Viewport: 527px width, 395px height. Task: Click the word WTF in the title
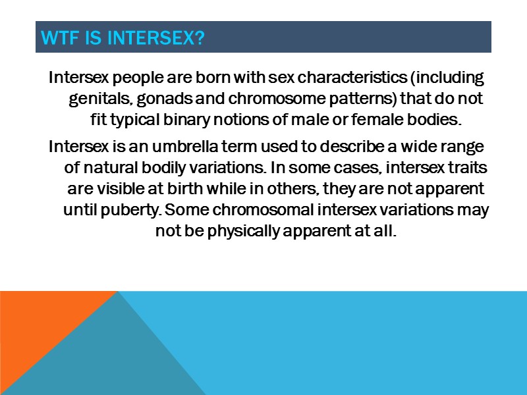[x=57, y=38]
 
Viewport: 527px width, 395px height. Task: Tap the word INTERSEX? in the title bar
[x=155, y=38]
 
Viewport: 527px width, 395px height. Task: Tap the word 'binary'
[x=199, y=120]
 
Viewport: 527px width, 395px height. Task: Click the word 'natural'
[x=109, y=167]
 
